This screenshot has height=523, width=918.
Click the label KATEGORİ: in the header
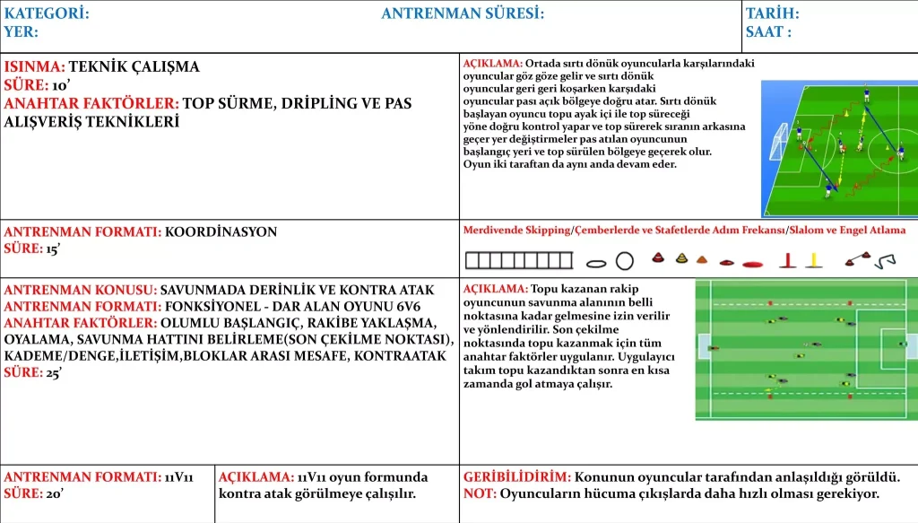click(47, 13)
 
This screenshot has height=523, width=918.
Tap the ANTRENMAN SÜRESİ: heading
click(463, 13)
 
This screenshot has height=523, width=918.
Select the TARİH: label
click(772, 13)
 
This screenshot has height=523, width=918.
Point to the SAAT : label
click(768, 32)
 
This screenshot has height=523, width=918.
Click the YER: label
click(21, 32)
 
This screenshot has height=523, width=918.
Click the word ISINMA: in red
click(34, 66)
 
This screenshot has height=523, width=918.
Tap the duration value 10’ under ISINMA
click(61, 85)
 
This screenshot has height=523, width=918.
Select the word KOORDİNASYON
click(221, 231)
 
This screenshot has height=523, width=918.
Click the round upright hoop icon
click(625, 261)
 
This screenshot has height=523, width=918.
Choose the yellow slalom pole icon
click(813, 261)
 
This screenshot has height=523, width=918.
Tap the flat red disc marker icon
click(753, 264)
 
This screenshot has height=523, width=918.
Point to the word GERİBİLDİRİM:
click(516, 477)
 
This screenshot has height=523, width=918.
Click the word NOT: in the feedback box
click(480, 493)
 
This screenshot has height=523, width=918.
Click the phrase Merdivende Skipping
click(515, 231)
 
